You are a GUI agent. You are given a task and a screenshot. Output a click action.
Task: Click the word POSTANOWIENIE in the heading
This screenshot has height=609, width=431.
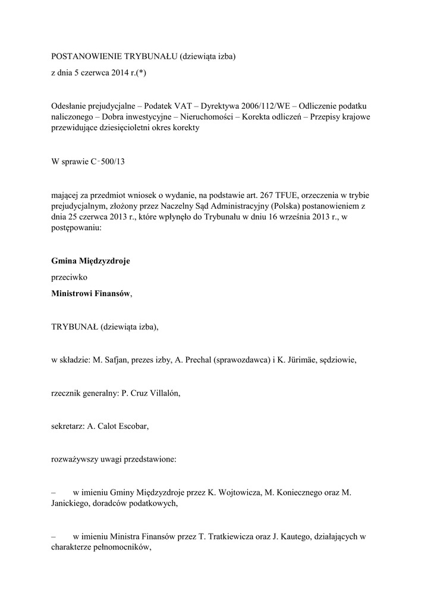pos(86,56)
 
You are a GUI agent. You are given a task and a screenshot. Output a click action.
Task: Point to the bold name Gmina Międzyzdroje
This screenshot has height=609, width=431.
pos(91,260)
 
